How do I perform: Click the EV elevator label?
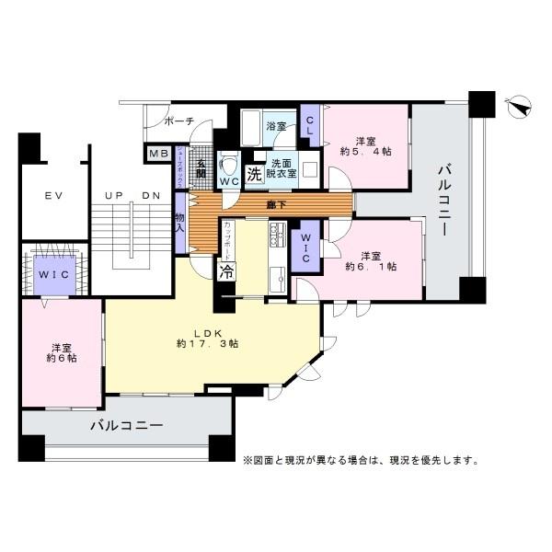point(52,197)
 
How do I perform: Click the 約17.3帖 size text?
point(208,343)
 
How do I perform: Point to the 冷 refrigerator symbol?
point(225,271)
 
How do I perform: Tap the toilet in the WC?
point(230,168)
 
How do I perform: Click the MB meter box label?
point(158,154)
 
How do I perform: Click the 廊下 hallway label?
point(275,204)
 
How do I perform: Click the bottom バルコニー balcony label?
point(126,426)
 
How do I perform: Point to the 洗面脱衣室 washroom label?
point(282,167)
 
